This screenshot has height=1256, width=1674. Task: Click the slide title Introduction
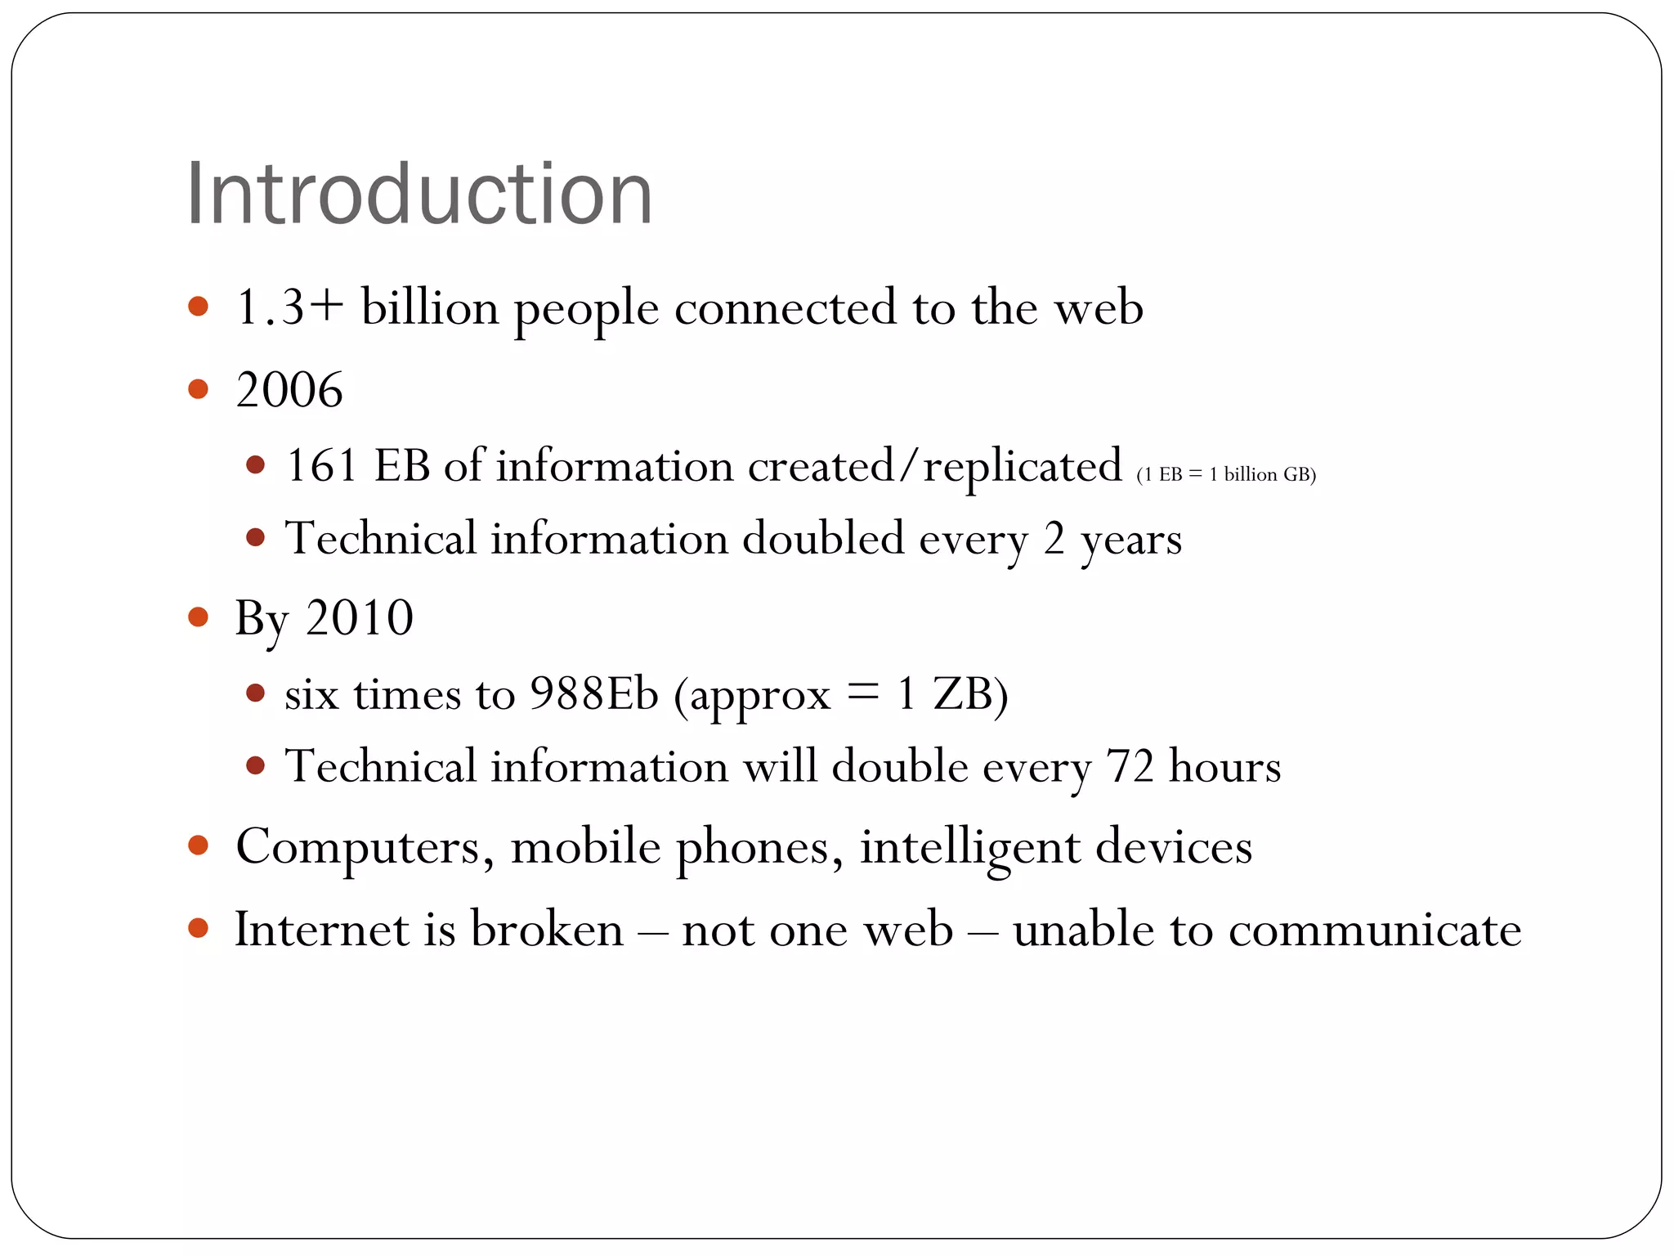click(x=419, y=195)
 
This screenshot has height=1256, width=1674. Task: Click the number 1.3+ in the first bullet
click(x=289, y=308)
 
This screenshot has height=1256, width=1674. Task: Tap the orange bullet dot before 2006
click(x=198, y=388)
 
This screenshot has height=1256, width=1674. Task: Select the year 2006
click(x=289, y=389)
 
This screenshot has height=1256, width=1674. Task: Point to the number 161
click(x=321, y=466)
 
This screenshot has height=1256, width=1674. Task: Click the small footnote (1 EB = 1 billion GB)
click(x=1226, y=474)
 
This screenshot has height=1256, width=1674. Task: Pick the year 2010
click(x=360, y=617)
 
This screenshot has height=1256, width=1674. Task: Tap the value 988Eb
click(x=593, y=694)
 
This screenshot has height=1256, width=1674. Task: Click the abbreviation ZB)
click(x=970, y=694)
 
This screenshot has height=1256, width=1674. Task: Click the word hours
click(x=1224, y=767)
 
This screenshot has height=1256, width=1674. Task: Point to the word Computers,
click(x=365, y=847)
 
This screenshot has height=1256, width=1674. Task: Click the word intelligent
click(x=969, y=847)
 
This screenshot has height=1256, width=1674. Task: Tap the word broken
click(x=547, y=930)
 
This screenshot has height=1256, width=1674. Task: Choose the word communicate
click(x=1375, y=930)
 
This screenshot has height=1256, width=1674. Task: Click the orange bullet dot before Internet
click(x=198, y=927)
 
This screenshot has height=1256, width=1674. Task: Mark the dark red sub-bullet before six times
click(x=256, y=693)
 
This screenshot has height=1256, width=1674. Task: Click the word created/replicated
click(x=934, y=466)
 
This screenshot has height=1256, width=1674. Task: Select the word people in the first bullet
click(x=586, y=309)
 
